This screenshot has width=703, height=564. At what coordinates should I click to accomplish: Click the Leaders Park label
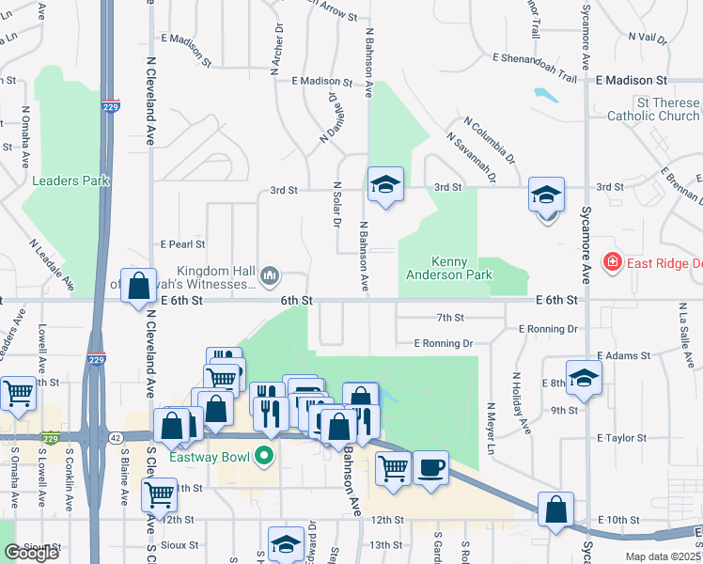[70, 180]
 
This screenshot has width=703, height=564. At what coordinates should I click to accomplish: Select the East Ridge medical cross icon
[613, 261]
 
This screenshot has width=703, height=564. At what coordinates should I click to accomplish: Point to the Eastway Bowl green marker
[264, 458]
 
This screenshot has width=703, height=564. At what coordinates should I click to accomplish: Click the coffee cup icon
[431, 467]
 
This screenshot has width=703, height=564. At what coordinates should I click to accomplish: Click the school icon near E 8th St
[584, 376]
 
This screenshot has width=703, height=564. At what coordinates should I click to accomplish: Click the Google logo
[31, 553]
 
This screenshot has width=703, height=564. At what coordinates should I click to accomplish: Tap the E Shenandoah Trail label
[534, 56]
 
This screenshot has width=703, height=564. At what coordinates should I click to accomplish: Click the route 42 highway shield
[114, 437]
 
